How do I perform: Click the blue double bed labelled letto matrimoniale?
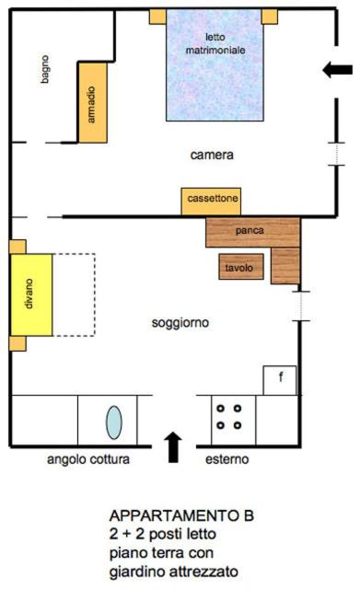215,64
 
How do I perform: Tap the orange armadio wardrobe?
93,102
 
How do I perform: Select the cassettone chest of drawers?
211,202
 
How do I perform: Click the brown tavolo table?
241,267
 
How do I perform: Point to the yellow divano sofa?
31,294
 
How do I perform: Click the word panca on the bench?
250,230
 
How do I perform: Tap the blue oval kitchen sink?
113,422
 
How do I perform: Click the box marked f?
280,380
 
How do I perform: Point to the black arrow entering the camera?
338,70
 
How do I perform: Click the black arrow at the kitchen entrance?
173,447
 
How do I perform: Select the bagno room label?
45,69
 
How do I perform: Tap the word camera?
212,155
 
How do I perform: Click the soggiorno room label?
180,323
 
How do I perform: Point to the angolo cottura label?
88,459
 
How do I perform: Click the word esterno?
227,459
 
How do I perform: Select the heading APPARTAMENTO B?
181,515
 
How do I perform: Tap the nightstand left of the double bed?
157,17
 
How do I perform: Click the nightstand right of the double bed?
270,17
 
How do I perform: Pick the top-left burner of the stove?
221,408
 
